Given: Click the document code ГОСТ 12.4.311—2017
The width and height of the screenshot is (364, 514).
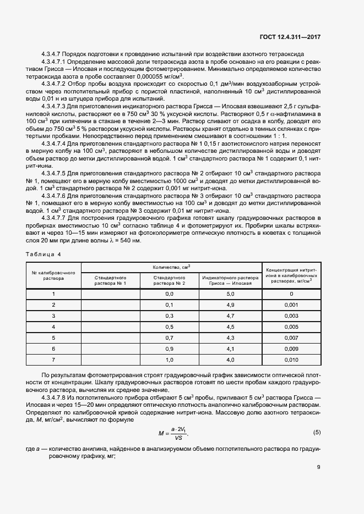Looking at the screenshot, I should coord(290,37).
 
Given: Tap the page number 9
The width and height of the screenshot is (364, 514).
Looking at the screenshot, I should coord(319,467).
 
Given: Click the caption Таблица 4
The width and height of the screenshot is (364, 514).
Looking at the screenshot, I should coord(45,255).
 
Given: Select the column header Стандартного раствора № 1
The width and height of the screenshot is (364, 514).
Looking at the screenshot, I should coord(111,280).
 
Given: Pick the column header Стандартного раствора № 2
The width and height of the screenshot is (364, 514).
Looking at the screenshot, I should coord(169,280).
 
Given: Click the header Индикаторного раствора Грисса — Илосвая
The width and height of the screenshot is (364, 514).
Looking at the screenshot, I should coord(230,280).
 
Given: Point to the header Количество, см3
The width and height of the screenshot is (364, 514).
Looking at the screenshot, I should coord(172,267).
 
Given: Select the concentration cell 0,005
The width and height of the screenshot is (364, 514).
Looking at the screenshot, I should coord(291,327).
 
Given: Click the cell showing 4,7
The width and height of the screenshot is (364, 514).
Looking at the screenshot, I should coord(230,316).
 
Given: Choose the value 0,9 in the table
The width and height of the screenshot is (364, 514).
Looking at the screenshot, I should coord(169,349).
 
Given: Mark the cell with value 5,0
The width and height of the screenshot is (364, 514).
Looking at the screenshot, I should coord(230,294).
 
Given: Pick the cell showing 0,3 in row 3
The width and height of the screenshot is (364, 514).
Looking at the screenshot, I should coord(169,316).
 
